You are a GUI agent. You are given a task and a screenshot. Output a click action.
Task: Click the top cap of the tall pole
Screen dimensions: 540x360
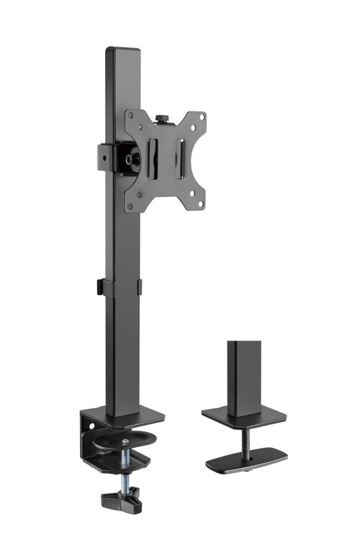[x=122, y=50]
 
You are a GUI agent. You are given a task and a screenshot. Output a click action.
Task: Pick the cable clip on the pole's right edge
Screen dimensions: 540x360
[x=139, y=286]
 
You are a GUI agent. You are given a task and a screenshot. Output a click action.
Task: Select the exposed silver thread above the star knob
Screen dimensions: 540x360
[x=125, y=476]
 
